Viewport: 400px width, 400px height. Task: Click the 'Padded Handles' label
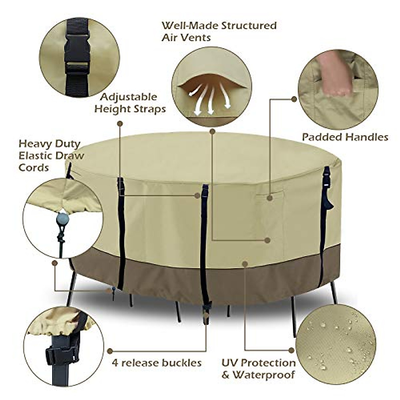(x=345, y=137)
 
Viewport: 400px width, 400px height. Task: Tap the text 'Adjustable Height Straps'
(x=130, y=103)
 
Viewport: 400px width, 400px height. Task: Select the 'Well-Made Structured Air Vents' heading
(x=219, y=31)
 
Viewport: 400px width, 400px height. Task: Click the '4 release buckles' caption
(x=157, y=362)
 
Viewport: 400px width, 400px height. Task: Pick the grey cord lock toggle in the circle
(x=63, y=219)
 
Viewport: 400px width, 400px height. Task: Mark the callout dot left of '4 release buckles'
(x=110, y=351)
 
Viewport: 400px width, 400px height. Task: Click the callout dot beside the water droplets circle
(x=292, y=350)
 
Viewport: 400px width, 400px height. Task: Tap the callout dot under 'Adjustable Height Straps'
(x=120, y=124)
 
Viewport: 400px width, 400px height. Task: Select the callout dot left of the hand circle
(x=294, y=99)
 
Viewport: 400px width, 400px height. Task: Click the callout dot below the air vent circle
(x=212, y=132)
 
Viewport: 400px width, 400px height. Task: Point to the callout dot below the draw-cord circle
(x=55, y=263)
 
